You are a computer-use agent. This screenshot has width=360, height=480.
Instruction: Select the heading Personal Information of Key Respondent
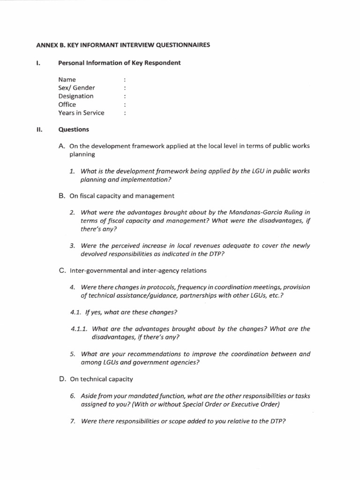[x=119, y=63]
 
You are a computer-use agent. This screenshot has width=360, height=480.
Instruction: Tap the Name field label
[x=67, y=80]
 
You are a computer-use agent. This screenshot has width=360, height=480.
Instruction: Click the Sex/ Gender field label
[x=77, y=88]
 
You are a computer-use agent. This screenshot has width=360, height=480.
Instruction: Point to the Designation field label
[x=76, y=96]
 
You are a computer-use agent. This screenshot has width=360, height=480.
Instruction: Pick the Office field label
[x=67, y=105]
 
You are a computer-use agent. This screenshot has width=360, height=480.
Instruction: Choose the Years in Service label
[x=82, y=113]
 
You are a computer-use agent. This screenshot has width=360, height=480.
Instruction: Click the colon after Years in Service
[x=125, y=113]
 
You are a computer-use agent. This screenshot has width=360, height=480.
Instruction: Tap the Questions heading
[x=74, y=129]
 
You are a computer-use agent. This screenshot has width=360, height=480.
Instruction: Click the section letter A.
[x=61, y=146]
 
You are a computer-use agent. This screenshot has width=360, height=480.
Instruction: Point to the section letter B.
[x=61, y=196]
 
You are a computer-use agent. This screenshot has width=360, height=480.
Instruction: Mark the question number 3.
[x=72, y=246]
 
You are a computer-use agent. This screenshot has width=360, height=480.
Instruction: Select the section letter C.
[x=61, y=270]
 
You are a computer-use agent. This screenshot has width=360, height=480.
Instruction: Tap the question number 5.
[x=72, y=354]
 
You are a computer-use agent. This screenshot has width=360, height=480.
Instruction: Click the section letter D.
[x=61, y=379]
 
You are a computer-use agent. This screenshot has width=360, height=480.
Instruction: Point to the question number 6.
[x=72, y=396]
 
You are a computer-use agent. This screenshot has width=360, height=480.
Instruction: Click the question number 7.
[x=72, y=421]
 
